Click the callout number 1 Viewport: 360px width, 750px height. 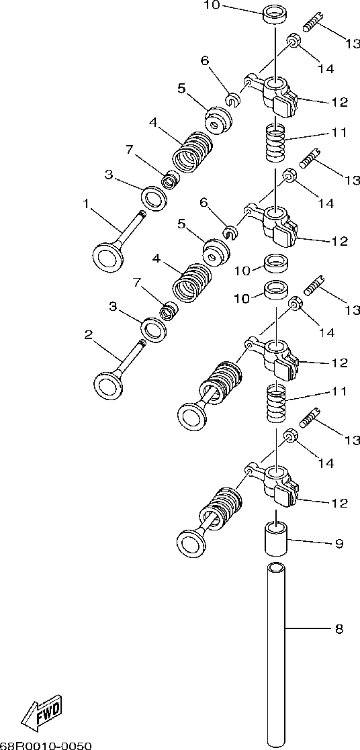86,204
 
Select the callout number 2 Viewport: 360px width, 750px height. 88,335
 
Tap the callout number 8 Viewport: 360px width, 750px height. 339,629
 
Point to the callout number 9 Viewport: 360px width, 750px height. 339,543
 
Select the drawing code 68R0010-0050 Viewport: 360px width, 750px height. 45,745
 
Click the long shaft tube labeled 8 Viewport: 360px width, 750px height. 276,655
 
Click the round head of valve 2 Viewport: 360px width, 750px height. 109,385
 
